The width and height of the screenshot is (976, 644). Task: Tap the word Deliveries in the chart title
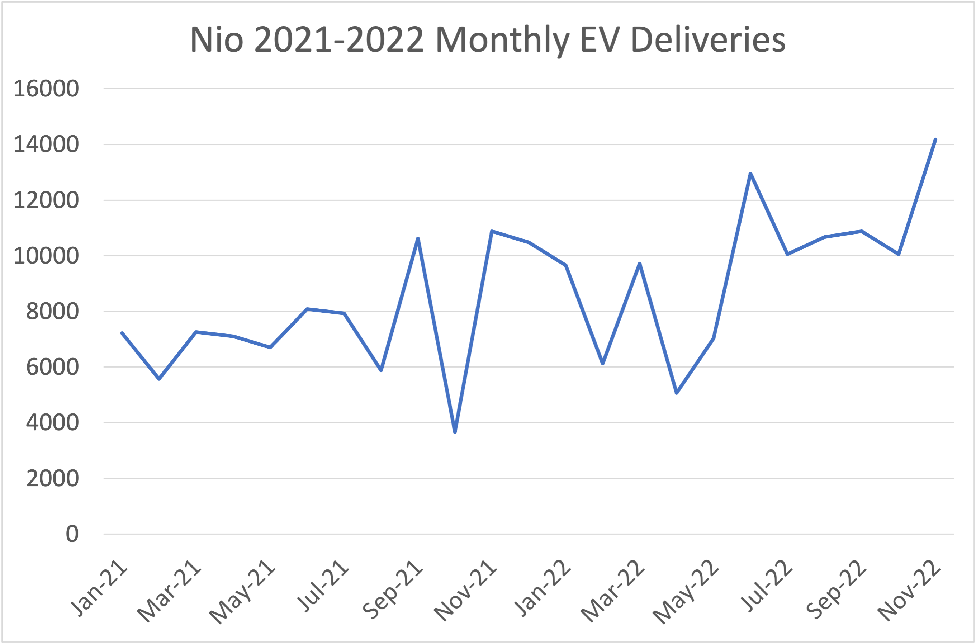[708, 40]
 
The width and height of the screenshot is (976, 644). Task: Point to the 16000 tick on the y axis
[46, 88]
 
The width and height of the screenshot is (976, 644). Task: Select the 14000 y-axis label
[46, 144]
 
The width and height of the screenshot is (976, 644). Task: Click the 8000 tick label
[52, 311]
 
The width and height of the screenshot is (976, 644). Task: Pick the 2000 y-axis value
[52, 478]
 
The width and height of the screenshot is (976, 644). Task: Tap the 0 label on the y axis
[72, 534]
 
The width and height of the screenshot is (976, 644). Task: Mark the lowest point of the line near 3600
[455, 432]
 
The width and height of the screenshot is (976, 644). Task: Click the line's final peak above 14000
[935, 139]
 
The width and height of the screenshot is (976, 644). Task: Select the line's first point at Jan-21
[122, 333]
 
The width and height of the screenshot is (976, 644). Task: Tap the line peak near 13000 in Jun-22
[750, 174]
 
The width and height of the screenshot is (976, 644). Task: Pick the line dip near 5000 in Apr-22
[677, 393]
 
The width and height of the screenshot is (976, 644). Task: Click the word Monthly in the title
[503, 40]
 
